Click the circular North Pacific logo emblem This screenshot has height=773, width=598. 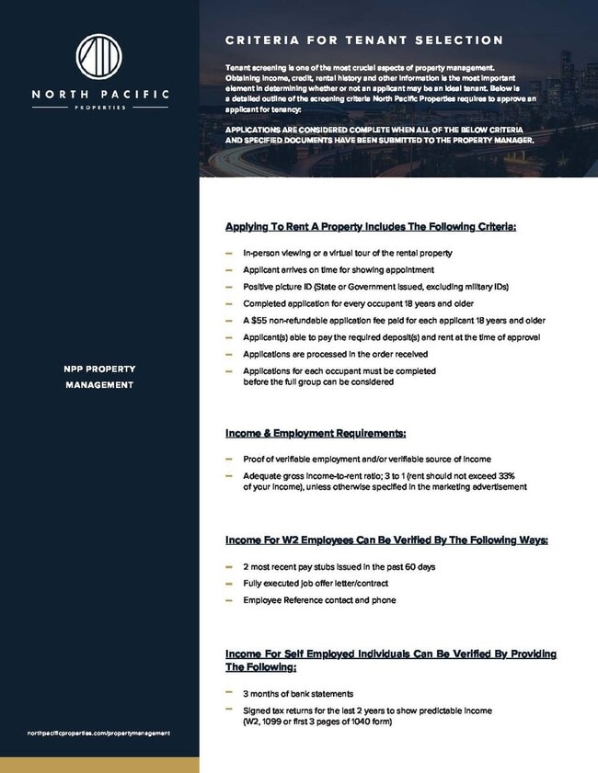(99, 60)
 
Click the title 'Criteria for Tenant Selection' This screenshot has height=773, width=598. (363, 40)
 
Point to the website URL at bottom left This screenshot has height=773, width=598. (99, 733)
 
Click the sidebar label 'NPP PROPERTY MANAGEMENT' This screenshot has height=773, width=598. (99, 377)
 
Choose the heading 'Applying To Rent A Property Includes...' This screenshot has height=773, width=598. (371, 226)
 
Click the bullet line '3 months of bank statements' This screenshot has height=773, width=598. (299, 694)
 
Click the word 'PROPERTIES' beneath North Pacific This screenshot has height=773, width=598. (99, 107)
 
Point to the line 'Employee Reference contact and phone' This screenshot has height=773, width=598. (319, 600)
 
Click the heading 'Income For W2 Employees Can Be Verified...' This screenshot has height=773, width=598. (386, 540)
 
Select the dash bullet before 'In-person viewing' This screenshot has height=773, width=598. (228, 252)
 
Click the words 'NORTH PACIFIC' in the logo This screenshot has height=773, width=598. (99, 94)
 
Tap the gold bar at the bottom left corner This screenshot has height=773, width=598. (99, 765)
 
